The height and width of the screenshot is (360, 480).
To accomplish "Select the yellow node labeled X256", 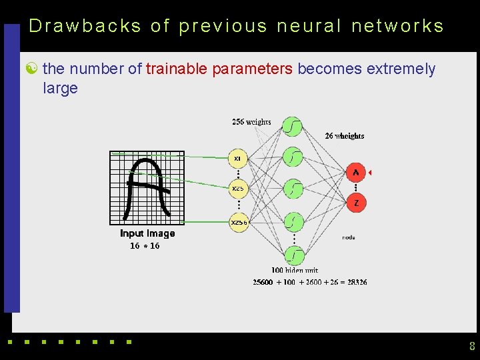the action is tap(239, 223).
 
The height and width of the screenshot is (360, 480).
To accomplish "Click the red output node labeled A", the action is tap(356, 173).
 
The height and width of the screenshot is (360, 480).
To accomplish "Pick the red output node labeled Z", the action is tap(356, 203).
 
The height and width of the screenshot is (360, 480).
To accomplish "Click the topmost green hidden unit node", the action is tap(293, 126).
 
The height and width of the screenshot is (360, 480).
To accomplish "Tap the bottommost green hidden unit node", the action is tap(293, 255).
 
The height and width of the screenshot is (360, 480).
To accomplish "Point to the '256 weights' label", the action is tap(251, 122).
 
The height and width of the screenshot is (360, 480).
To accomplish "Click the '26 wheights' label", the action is tap(344, 136).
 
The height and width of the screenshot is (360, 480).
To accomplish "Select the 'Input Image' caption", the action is tap(147, 233).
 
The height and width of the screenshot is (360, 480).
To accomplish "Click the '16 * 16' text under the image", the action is tap(145, 246).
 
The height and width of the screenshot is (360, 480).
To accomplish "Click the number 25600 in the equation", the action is tap(263, 282).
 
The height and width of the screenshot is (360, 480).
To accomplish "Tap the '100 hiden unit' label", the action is tap(294, 270).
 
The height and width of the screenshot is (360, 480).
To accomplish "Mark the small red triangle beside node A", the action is tap(369, 173).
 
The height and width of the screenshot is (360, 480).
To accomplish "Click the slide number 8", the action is tap(472, 346).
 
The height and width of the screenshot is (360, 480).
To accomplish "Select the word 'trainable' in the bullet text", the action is tap(176, 69).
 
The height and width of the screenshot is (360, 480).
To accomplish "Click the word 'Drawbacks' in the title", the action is tap(85, 26).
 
